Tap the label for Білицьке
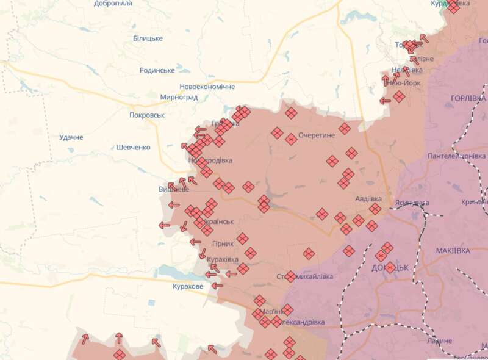point(148,38)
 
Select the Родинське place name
point(157,70)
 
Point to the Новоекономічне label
point(207,87)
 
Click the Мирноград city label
point(179,97)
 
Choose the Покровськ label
point(147,115)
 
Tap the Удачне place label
point(71,137)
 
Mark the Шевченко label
point(133,147)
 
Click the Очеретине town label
point(317,135)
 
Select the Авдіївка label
point(368,199)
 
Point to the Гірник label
point(223,243)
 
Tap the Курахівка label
point(223,259)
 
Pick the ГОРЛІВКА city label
point(468,98)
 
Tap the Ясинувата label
point(412,203)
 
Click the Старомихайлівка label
point(305,276)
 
